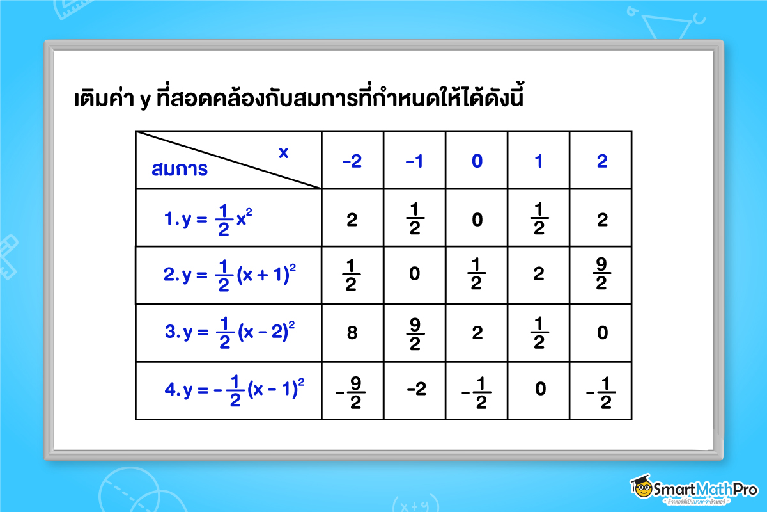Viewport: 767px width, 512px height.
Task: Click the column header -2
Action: pyautogui.click(x=352, y=161)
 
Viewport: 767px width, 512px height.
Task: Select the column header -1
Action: pyautogui.click(x=414, y=161)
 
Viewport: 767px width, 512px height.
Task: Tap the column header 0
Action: pyautogui.click(x=477, y=161)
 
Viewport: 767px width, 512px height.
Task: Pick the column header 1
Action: pyautogui.click(x=539, y=161)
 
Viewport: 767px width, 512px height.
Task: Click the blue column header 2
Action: pyautogui.click(x=601, y=161)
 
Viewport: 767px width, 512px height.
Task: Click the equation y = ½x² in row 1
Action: pyautogui.click(x=208, y=220)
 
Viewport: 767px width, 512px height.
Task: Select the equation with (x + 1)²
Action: pyautogui.click(x=229, y=276)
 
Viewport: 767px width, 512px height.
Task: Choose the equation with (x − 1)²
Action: pyautogui.click(x=234, y=390)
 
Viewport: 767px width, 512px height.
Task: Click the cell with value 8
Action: pyautogui.click(x=352, y=333)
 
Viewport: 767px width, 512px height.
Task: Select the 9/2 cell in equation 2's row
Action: pyautogui.click(x=601, y=276)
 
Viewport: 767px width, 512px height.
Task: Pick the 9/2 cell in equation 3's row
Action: pyautogui.click(x=414, y=333)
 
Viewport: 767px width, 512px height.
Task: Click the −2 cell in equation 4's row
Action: pyautogui.click(x=414, y=389)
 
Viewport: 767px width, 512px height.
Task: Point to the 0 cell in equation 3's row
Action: pyautogui.click(x=601, y=333)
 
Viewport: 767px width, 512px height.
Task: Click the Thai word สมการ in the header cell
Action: pyautogui.click(x=180, y=170)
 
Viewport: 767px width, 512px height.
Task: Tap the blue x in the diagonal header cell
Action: pyautogui.click(x=283, y=152)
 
